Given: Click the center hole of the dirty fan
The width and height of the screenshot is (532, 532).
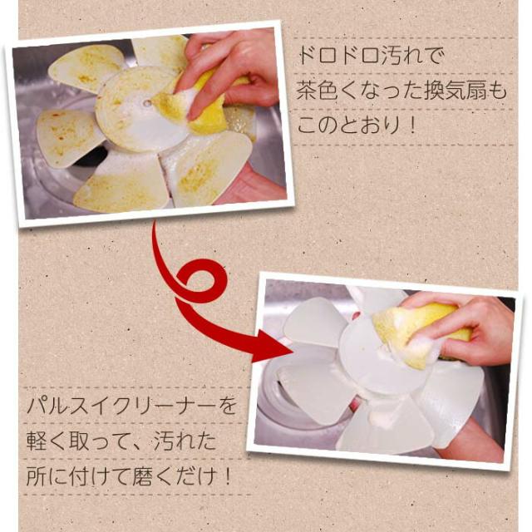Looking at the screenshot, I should pyautogui.click(x=147, y=104).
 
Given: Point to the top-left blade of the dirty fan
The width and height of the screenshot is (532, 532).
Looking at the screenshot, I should pyautogui.click(x=87, y=66).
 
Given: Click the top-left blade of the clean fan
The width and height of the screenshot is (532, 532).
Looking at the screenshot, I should pyautogui.click(x=316, y=320).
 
